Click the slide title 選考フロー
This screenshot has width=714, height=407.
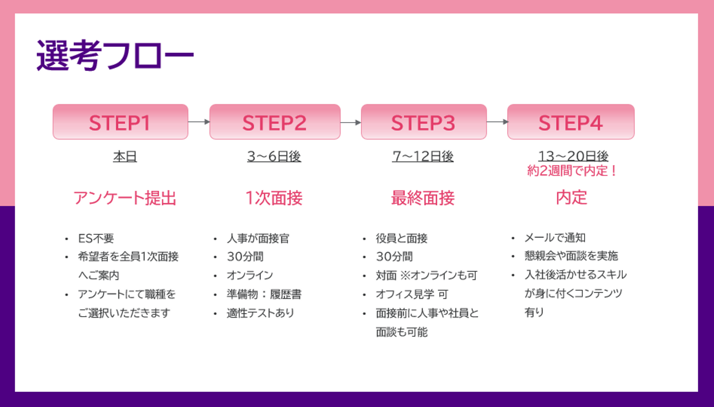pos(115,55)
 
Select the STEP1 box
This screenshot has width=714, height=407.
pos(120,122)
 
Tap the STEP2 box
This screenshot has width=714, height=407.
pos(275,122)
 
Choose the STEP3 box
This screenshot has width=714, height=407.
pos(423,122)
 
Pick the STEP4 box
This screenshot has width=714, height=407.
pos(571,122)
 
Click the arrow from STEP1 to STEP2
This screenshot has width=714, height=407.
pos(199,122)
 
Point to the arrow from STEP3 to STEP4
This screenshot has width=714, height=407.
pos(497,122)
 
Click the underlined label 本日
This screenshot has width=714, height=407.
pos(125,157)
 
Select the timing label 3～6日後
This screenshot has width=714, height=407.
pos(274,157)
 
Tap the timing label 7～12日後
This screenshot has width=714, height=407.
pos(422,157)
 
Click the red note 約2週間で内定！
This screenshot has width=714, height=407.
pos(572,171)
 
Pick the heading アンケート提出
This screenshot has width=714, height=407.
pos(125,198)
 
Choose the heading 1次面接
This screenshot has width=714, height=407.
pos(274,198)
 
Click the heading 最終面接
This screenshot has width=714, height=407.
pos(422,198)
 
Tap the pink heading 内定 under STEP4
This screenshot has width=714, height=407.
pos(572,198)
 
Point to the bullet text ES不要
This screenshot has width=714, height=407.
pos(96,238)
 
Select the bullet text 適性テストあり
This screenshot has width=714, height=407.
pos(260,313)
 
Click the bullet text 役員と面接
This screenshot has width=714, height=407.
pos(402,238)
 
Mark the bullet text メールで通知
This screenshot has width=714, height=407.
pos(555,238)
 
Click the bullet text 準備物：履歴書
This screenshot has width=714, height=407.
pos(264,294)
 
